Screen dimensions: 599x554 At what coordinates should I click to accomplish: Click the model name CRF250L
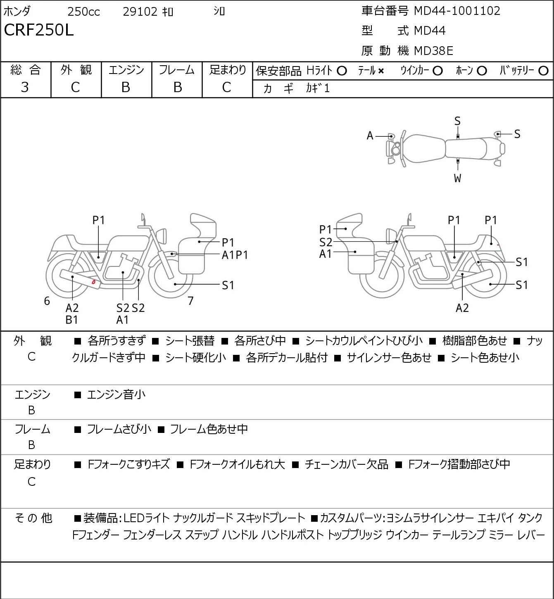pyautogui.click(x=39, y=30)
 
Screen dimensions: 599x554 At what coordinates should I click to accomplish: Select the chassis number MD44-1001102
pyautogui.click(x=457, y=11)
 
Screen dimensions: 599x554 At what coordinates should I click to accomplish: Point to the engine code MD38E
pyautogui.click(x=433, y=50)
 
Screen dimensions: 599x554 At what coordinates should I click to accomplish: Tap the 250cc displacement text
pyautogui.click(x=83, y=12)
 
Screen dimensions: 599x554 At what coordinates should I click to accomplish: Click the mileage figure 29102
pyautogui.click(x=140, y=12)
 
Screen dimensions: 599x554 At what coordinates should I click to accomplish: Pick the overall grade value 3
pyautogui.click(x=25, y=87)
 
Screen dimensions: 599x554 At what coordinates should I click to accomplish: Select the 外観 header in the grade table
pyautogui.click(x=76, y=70)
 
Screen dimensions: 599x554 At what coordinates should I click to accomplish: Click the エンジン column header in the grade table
pyautogui.click(x=126, y=70)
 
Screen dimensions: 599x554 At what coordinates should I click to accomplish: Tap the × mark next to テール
pyautogui.click(x=380, y=71)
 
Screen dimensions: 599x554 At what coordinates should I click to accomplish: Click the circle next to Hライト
pyautogui.click(x=342, y=71)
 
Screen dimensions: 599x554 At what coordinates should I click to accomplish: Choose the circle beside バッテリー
pyautogui.click(x=544, y=71)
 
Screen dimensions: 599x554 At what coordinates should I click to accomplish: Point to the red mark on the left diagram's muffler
pyautogui.click(x=94, y=282)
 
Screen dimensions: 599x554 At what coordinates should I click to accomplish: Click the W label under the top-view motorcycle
pyautogui.click(x=457, y=178)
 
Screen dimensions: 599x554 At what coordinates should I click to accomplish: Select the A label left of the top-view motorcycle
pyautogui.click(x=370, y=135)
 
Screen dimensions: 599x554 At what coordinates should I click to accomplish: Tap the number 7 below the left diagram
pyautogui.click(x=190, y=301)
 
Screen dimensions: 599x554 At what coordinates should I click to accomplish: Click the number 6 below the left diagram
pyautogui.click(x=47, y=301)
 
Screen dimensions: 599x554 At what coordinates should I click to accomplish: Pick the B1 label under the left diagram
pyautogui.click(x=72, y=320)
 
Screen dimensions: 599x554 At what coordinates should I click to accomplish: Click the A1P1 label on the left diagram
pyautogui.click(x=235, y=255)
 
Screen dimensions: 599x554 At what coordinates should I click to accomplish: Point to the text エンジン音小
pyautogui.click(x=116, y=395)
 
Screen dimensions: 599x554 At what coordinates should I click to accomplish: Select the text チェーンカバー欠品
pyautogui.click(x=346, y=464)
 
